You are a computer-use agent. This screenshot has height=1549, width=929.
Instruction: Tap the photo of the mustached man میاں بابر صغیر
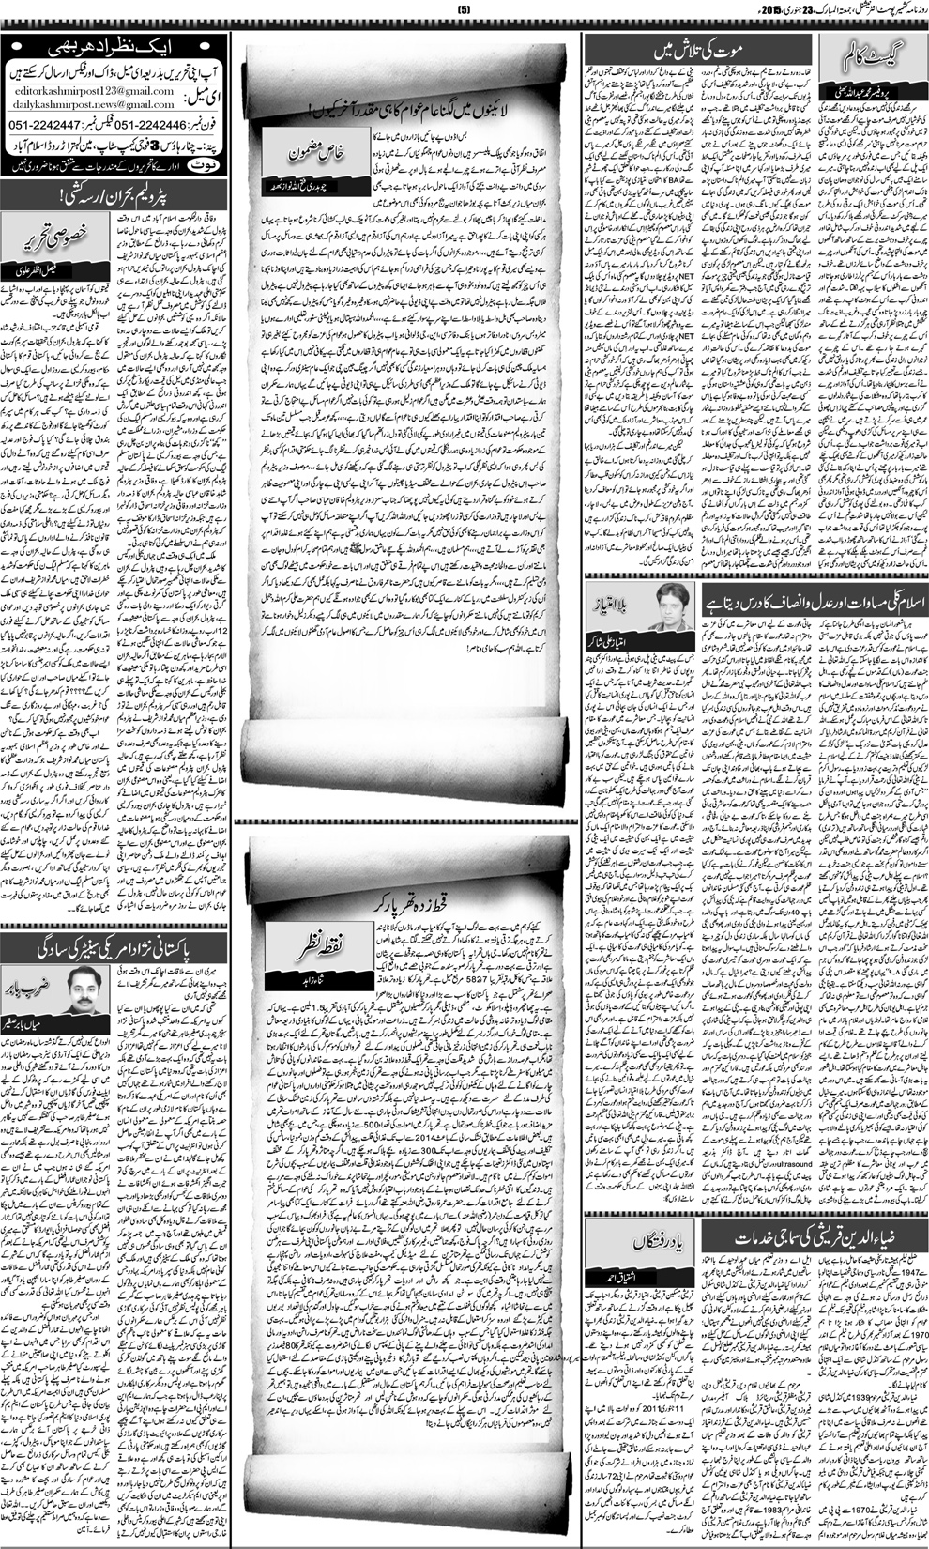point(84,992)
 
